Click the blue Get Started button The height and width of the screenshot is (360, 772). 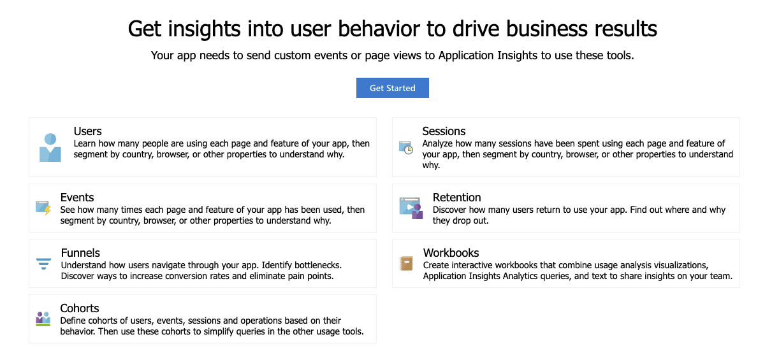point(393,88)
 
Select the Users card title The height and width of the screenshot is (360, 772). point(87,131)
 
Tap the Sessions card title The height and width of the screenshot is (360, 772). point(444,131)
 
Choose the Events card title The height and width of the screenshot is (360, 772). point(77,198)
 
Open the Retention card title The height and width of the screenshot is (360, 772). point(456,198)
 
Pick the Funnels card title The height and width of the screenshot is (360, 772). point(80,253)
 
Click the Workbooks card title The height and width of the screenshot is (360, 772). point(451,253)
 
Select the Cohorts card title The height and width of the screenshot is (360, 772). point(80,308)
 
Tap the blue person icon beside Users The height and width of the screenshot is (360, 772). point(50,147)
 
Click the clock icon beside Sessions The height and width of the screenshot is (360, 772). point(406,147)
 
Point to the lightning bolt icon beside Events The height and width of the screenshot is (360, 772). point(43,208)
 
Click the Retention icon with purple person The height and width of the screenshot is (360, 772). point(411,208)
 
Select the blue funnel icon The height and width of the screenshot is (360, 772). point(43,264)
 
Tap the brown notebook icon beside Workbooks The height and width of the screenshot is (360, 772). point(406,264)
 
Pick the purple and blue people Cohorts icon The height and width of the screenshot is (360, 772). point(43,319)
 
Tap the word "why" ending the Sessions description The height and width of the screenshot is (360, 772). point(431,166)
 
